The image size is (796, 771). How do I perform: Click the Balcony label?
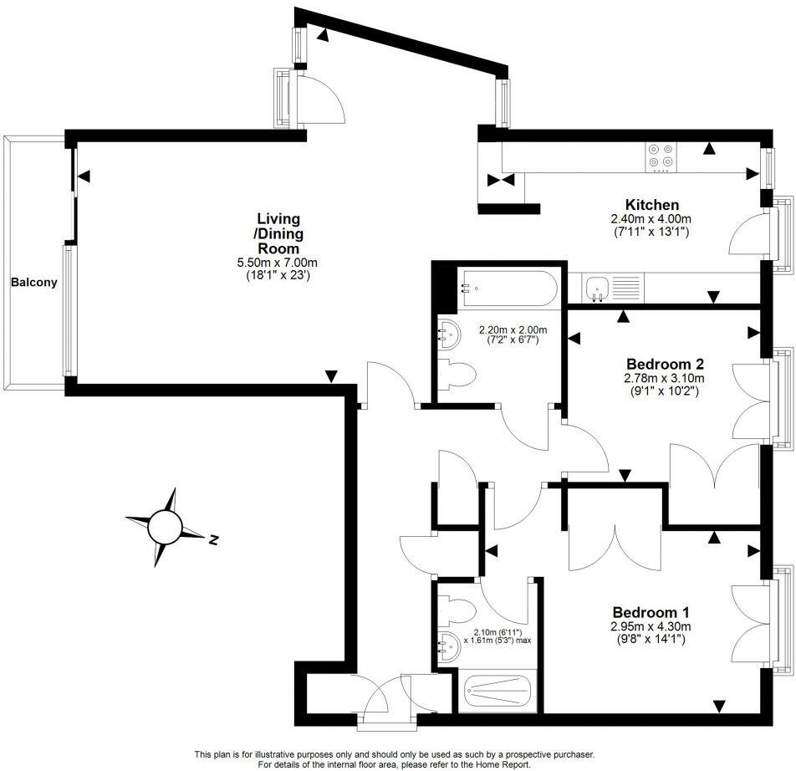pos(34,283)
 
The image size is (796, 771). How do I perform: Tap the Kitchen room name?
pos(652,205)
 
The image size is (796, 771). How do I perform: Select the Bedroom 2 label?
pos(665,364)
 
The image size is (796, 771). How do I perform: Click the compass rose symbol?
pos(165,527)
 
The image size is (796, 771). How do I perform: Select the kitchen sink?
pos(598,288)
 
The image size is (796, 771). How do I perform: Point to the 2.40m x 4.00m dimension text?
pos(650,219)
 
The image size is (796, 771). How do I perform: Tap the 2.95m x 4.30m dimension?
pos(650,626)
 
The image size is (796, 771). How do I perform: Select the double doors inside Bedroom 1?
pos(615,548)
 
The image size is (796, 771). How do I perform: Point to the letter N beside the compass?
pos(213,539)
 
